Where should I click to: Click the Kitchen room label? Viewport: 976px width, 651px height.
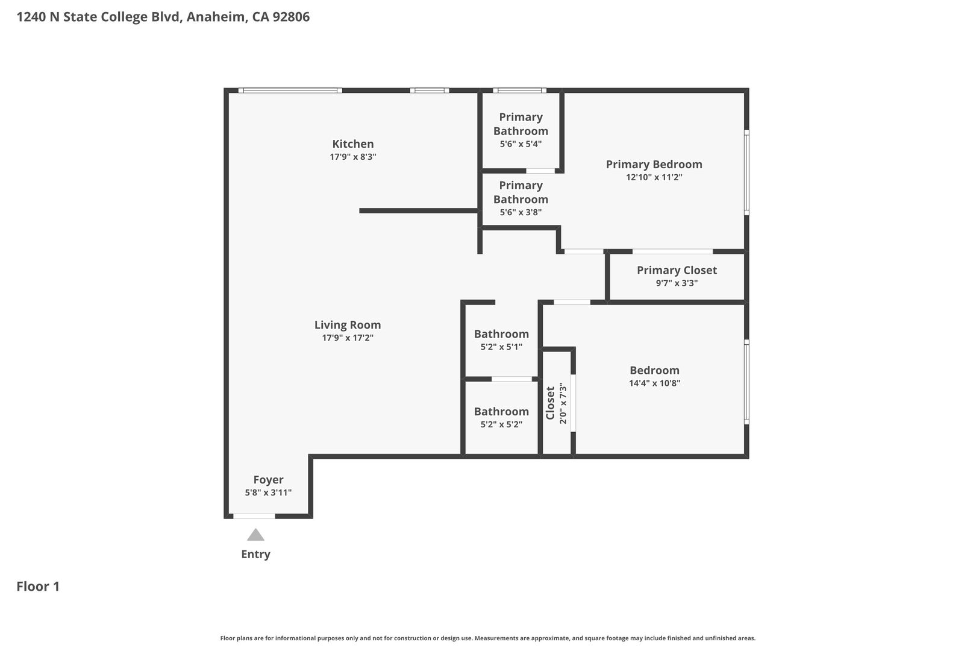pyautogui.click(x=352, y=144)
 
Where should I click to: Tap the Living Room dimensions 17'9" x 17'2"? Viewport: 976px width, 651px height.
pyautogui.click(x=347, y=338)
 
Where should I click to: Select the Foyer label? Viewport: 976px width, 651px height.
pyautogui.click(x=269, y=480)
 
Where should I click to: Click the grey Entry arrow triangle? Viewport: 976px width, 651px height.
pyautogui.click(x=256, y=535)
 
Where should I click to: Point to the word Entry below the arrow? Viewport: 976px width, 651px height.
pyautogui.click(x=256, y=554)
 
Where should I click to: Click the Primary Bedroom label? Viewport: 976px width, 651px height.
pyautogui.click(x=654, y=165)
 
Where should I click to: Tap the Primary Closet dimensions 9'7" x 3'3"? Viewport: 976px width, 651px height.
pyautogui.click(x=677, y=283)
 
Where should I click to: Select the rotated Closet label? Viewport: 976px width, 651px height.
pyautogui.click(x=550, y=403)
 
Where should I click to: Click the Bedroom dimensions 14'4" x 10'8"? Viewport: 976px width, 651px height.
pyautogui.click(x=654, y=383)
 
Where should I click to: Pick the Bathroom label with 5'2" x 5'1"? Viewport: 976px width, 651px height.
pyautogui.click(x=501, y=334)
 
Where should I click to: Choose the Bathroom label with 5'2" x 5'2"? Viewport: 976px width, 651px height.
pyautogui.click(x=501, y=412)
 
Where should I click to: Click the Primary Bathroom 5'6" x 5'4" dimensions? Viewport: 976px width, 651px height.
pyautogui.click(x=521, y=144)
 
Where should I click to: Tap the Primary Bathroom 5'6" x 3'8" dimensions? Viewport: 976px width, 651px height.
pyautogui.click(x=521, y=212)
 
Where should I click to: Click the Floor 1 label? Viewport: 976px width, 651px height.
pyautogui.click(x=38, y=587)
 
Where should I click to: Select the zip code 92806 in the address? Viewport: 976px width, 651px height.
pyautogui.click(x=291, y=17)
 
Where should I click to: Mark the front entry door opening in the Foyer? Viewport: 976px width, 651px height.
pyautogui.click(x=254, y=516)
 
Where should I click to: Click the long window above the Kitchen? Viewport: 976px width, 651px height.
pyautogui.click(x=290, y=90)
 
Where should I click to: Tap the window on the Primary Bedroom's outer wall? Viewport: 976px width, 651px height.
pyautogui.click(x=746, y=172)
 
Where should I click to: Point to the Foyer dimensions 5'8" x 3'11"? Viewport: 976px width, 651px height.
pyautogui.click(x=269, y=492)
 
